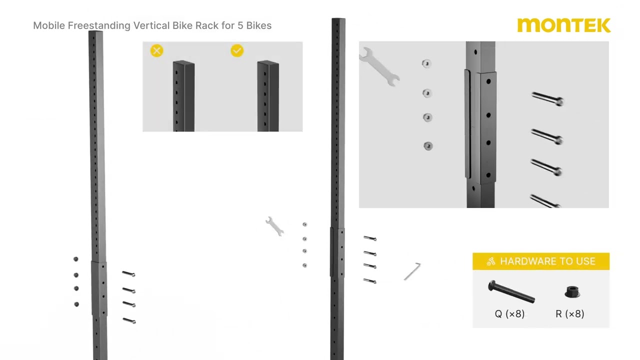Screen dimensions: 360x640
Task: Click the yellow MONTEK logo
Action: [563, 25]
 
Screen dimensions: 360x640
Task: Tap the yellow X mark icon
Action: [156, 51]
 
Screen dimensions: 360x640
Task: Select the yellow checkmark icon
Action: [237, 51]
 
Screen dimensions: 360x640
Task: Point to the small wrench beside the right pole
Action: [274, 226]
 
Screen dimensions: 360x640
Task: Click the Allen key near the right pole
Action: [412, 271]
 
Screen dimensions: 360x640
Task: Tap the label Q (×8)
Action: [509, 314]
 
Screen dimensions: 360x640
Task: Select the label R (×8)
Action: [570, 314]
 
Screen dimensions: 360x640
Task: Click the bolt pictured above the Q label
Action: [510, 291]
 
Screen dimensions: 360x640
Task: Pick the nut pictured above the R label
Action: [572, 291]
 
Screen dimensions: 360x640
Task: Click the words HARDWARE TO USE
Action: [547, 261]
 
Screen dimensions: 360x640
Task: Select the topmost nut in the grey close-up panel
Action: [426, 63]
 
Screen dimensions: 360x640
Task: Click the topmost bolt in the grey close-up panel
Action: [547, 99]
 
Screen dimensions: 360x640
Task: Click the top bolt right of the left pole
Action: [128, 274]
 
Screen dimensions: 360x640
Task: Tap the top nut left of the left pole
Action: [76, 259]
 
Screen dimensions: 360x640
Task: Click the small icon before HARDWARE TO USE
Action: [490, 261]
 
